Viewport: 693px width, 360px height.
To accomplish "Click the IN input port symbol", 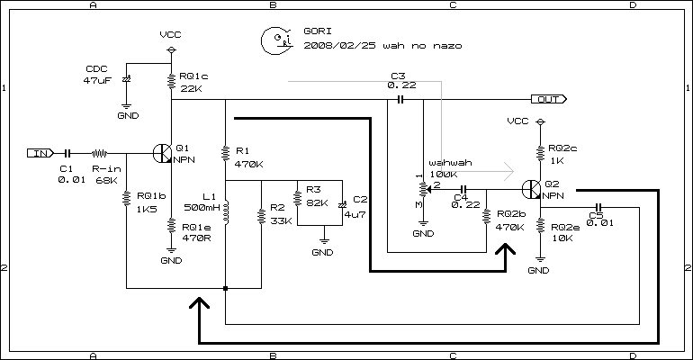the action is pyautogui.click(x=40, y=153).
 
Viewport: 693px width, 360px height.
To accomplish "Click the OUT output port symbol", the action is pyautogui.click(x=549, y=99).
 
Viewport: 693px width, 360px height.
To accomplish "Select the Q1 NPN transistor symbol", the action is pyautogui.click(x=163, y=154).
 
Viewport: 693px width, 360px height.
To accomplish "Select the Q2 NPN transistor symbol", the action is pyautogui.click(x=531, y=190).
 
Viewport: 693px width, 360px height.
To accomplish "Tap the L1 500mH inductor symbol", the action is pyautogui.click(x=226, y=211).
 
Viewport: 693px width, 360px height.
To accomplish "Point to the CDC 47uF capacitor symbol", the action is pyautogui.click(x=126, y=79).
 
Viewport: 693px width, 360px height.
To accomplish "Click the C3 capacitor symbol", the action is pyautogui.click(x=400, y=99).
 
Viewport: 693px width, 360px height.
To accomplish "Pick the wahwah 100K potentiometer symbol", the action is pyautogui.click(x=424, y=190).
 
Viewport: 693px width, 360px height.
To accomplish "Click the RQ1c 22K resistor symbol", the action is pyautogui.click(x=172, y=82).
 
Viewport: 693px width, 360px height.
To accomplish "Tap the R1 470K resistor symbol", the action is pyautogui.click(x=225, y=153).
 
